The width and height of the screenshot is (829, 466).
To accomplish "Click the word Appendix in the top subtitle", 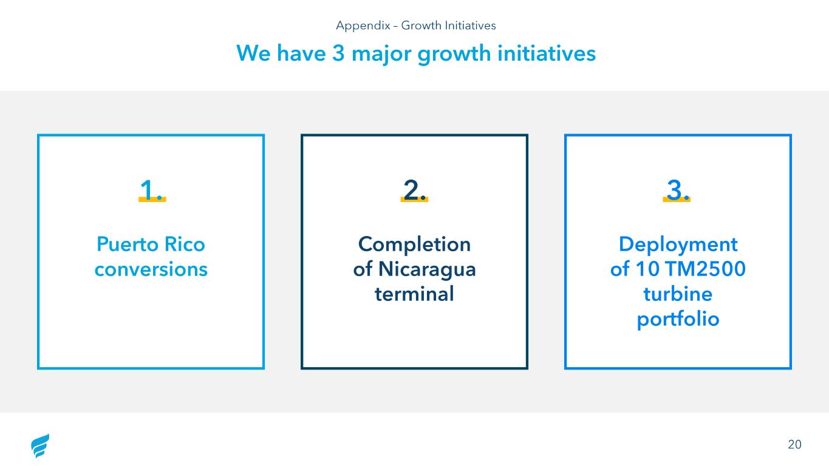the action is [x=363, y=26].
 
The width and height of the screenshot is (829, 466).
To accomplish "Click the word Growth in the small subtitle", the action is [x=421, y=25].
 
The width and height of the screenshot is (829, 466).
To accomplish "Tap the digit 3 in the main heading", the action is [x=338, y=53].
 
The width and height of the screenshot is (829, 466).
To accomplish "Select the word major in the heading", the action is [x=381, y=55].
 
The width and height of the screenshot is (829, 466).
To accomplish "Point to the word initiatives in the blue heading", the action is [x=547, y=53].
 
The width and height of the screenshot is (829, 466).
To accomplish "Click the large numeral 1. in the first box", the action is [x=151, y=190].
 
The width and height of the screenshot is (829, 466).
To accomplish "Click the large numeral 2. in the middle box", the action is [x=414, y=190].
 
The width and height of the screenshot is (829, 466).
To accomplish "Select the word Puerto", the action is [x=128, y=245].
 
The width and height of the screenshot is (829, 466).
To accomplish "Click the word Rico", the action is [x=185, y=245].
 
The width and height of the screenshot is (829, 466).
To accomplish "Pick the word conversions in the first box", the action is [x=151, y=269].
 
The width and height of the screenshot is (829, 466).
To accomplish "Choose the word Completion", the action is [x=414, y=245].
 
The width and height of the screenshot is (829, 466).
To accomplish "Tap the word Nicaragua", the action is [x=427, y=269].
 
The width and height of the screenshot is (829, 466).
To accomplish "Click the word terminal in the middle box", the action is [x=414, y=294].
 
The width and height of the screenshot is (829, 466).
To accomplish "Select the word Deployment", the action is [x=678, y=245].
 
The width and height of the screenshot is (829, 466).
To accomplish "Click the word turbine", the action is [x=678, y=294].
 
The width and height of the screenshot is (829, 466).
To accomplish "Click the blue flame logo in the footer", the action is [x=40, y=445].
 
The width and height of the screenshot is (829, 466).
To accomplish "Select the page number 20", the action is [x=794, y=444].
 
